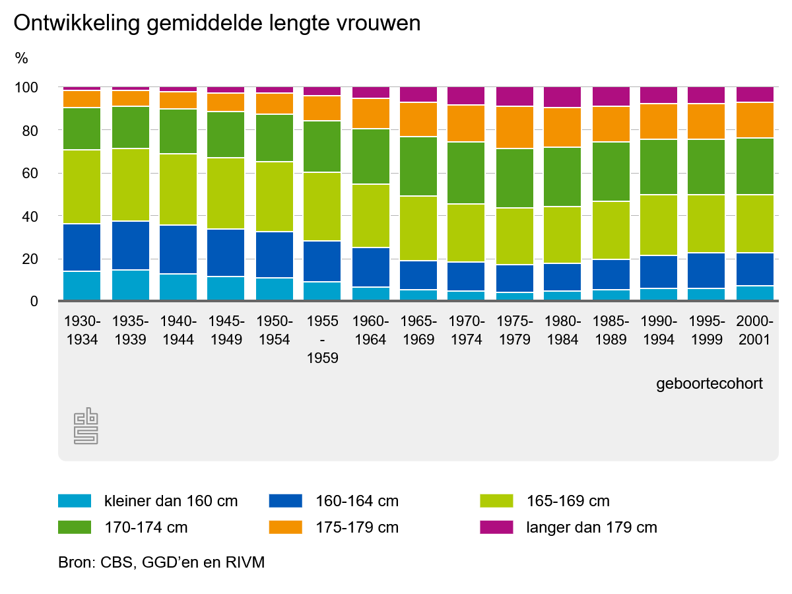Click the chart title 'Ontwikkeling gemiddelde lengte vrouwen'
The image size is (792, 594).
pyautogui.click(x=216, y=24)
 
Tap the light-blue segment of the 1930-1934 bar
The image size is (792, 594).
pyautogui.click(x=82, y=286)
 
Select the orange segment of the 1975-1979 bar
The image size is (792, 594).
pyautogui.click(x=515, y=127)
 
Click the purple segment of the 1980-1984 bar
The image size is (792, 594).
pyautogui.click(x=562, y=96)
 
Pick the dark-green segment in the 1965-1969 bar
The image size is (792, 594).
pyautogui.click(x=418, y=166)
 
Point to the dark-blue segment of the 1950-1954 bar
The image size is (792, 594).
pyautogui.click(x=275, y=255)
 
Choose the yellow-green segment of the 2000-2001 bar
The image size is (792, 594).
pyautogui.click(x=755, y=223)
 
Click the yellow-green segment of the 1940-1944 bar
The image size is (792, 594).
pyautogui.click(x=179, y=189)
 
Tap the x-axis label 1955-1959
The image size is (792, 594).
pyautogui.click(x=323, y=340)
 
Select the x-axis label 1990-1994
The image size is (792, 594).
pyautogui.click(x=659, y=331)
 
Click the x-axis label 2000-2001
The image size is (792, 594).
pyautogui.click(x=755, y=331)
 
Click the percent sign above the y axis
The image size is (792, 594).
pyautogui.click(x=22, y=58)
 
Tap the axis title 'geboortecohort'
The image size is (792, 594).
pyautogui.click(x=709, y=383)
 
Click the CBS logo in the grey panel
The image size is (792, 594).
pyautogui.click(x=86, y=426)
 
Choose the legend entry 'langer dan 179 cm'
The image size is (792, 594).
pyautogui.click(x=592, y=527)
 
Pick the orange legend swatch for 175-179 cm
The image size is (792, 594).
pyautogui.click(x=286, y=527)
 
